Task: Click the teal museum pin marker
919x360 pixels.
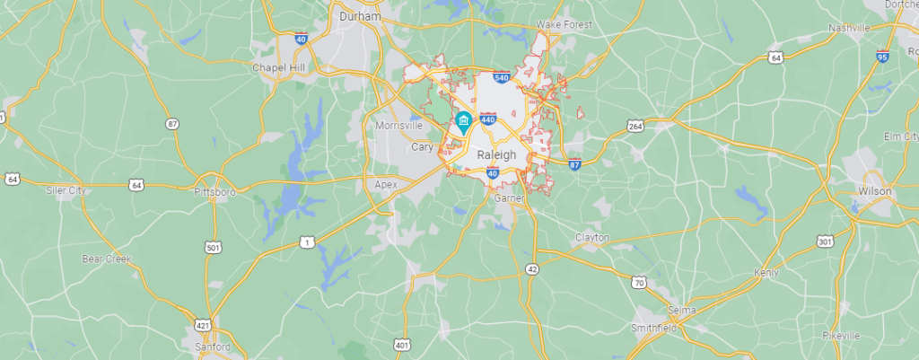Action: coord(463,122)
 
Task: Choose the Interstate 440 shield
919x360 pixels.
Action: coord(488,119)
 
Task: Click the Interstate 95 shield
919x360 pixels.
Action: coord(884,57)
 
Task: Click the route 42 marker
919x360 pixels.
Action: coord(532,268)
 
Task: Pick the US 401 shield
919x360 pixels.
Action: coord(402,344)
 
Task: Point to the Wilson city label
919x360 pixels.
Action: coord(875,191)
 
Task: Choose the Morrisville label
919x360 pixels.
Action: coord(399,125)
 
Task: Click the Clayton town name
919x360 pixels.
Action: coord(592,237)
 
